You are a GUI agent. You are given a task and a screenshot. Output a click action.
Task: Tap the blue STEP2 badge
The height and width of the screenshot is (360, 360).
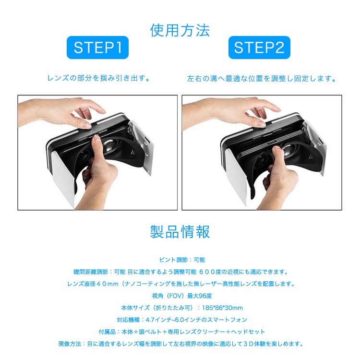(x=259, y=48)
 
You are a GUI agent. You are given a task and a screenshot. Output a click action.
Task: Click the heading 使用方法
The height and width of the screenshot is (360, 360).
(x=180, y=30)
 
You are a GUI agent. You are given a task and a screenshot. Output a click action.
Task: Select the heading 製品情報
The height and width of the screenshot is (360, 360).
(x=180, y=232)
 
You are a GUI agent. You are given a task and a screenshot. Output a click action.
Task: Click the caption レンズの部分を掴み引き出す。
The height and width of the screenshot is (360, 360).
(x=99, y=78)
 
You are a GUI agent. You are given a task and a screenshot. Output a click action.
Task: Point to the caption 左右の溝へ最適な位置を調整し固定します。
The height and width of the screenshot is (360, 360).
(x=262, y=78)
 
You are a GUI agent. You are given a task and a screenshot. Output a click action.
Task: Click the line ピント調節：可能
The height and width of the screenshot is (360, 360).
(x=180, y=260)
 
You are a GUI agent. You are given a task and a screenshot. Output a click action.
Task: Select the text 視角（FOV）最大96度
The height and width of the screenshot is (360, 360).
(x=180, y=296)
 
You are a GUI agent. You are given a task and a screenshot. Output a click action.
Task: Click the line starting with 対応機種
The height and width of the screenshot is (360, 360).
(x=180, y=320)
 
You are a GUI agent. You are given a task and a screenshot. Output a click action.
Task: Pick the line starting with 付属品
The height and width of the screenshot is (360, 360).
(x=180, y=332)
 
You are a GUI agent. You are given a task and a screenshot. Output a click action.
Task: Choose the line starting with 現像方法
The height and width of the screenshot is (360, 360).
(x=180, y=344)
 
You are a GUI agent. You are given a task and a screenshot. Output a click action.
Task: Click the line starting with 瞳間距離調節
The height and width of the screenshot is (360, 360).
(x=180, y=272)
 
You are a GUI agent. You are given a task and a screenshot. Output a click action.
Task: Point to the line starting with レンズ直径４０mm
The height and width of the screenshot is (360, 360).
(x=180, y=284)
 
